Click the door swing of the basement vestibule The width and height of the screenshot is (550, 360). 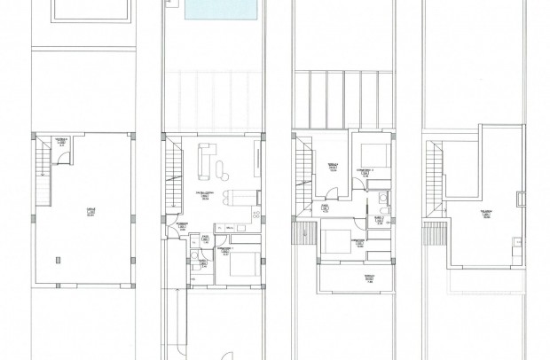click(61, 158)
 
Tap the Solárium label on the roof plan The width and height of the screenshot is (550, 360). click(488, 213)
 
